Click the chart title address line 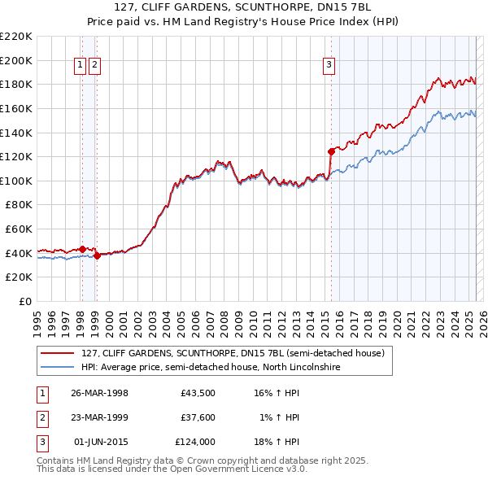pyautogui.click(x=243, y=9)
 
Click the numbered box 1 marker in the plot pyautogui.click(x=81, y=66)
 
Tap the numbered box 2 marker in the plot pyautogui.click(x=95, y=66)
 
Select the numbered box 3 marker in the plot pyautogui.click(x=329, y=66)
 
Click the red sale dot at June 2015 pyautogui.click(x=331, y=151)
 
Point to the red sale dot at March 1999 pyautogui.click(x=96, y=255)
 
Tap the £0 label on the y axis pyautogui.click(x=24, y=301)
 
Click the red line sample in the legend pyautogui.click(x=57, y=353)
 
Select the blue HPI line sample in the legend pyautogui.click(x=57, y=367)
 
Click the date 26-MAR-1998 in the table pyautogui.click(x=99, y=393)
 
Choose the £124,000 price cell pyautogui.click(x=195, y=442)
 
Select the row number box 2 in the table pyautogui.click(x=41, y=417)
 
